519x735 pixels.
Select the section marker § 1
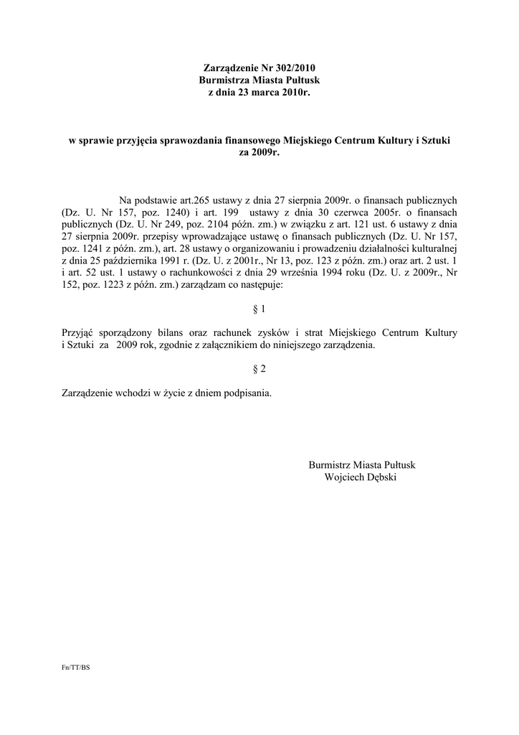tap(259, 309)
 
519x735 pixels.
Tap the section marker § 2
tap(259, 369)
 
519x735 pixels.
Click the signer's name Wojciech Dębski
tap(360, 477)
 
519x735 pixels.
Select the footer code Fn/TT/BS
tap(76, 668)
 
